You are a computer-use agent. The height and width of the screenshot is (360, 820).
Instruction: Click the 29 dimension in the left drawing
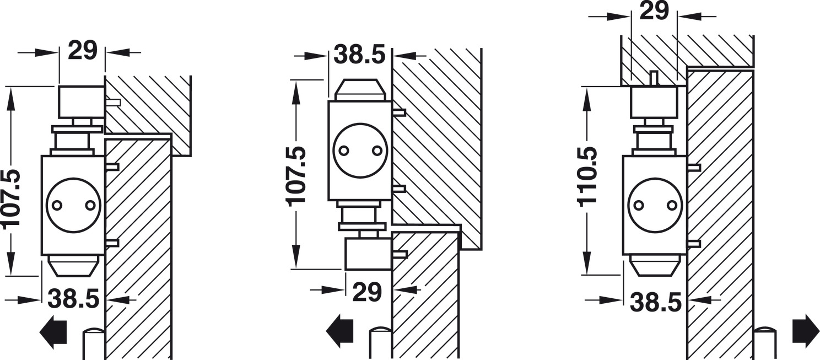(83, 51)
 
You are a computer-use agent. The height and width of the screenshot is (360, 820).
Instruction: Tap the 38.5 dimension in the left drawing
(74, 299)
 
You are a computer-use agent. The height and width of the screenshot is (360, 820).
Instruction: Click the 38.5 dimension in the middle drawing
(359, 55)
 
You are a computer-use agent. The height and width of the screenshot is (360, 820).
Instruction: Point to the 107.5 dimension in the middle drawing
(296, 176)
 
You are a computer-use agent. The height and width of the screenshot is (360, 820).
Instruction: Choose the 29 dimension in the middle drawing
(367, 292)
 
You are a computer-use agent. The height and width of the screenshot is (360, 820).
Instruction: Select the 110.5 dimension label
(587, 177)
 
